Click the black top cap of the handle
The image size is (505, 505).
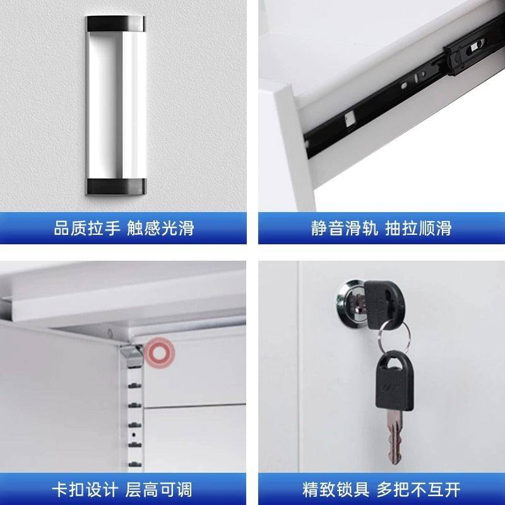117,24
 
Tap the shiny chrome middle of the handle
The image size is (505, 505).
117,104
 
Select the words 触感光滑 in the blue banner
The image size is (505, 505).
160,228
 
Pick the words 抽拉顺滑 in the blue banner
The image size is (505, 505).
418,228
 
